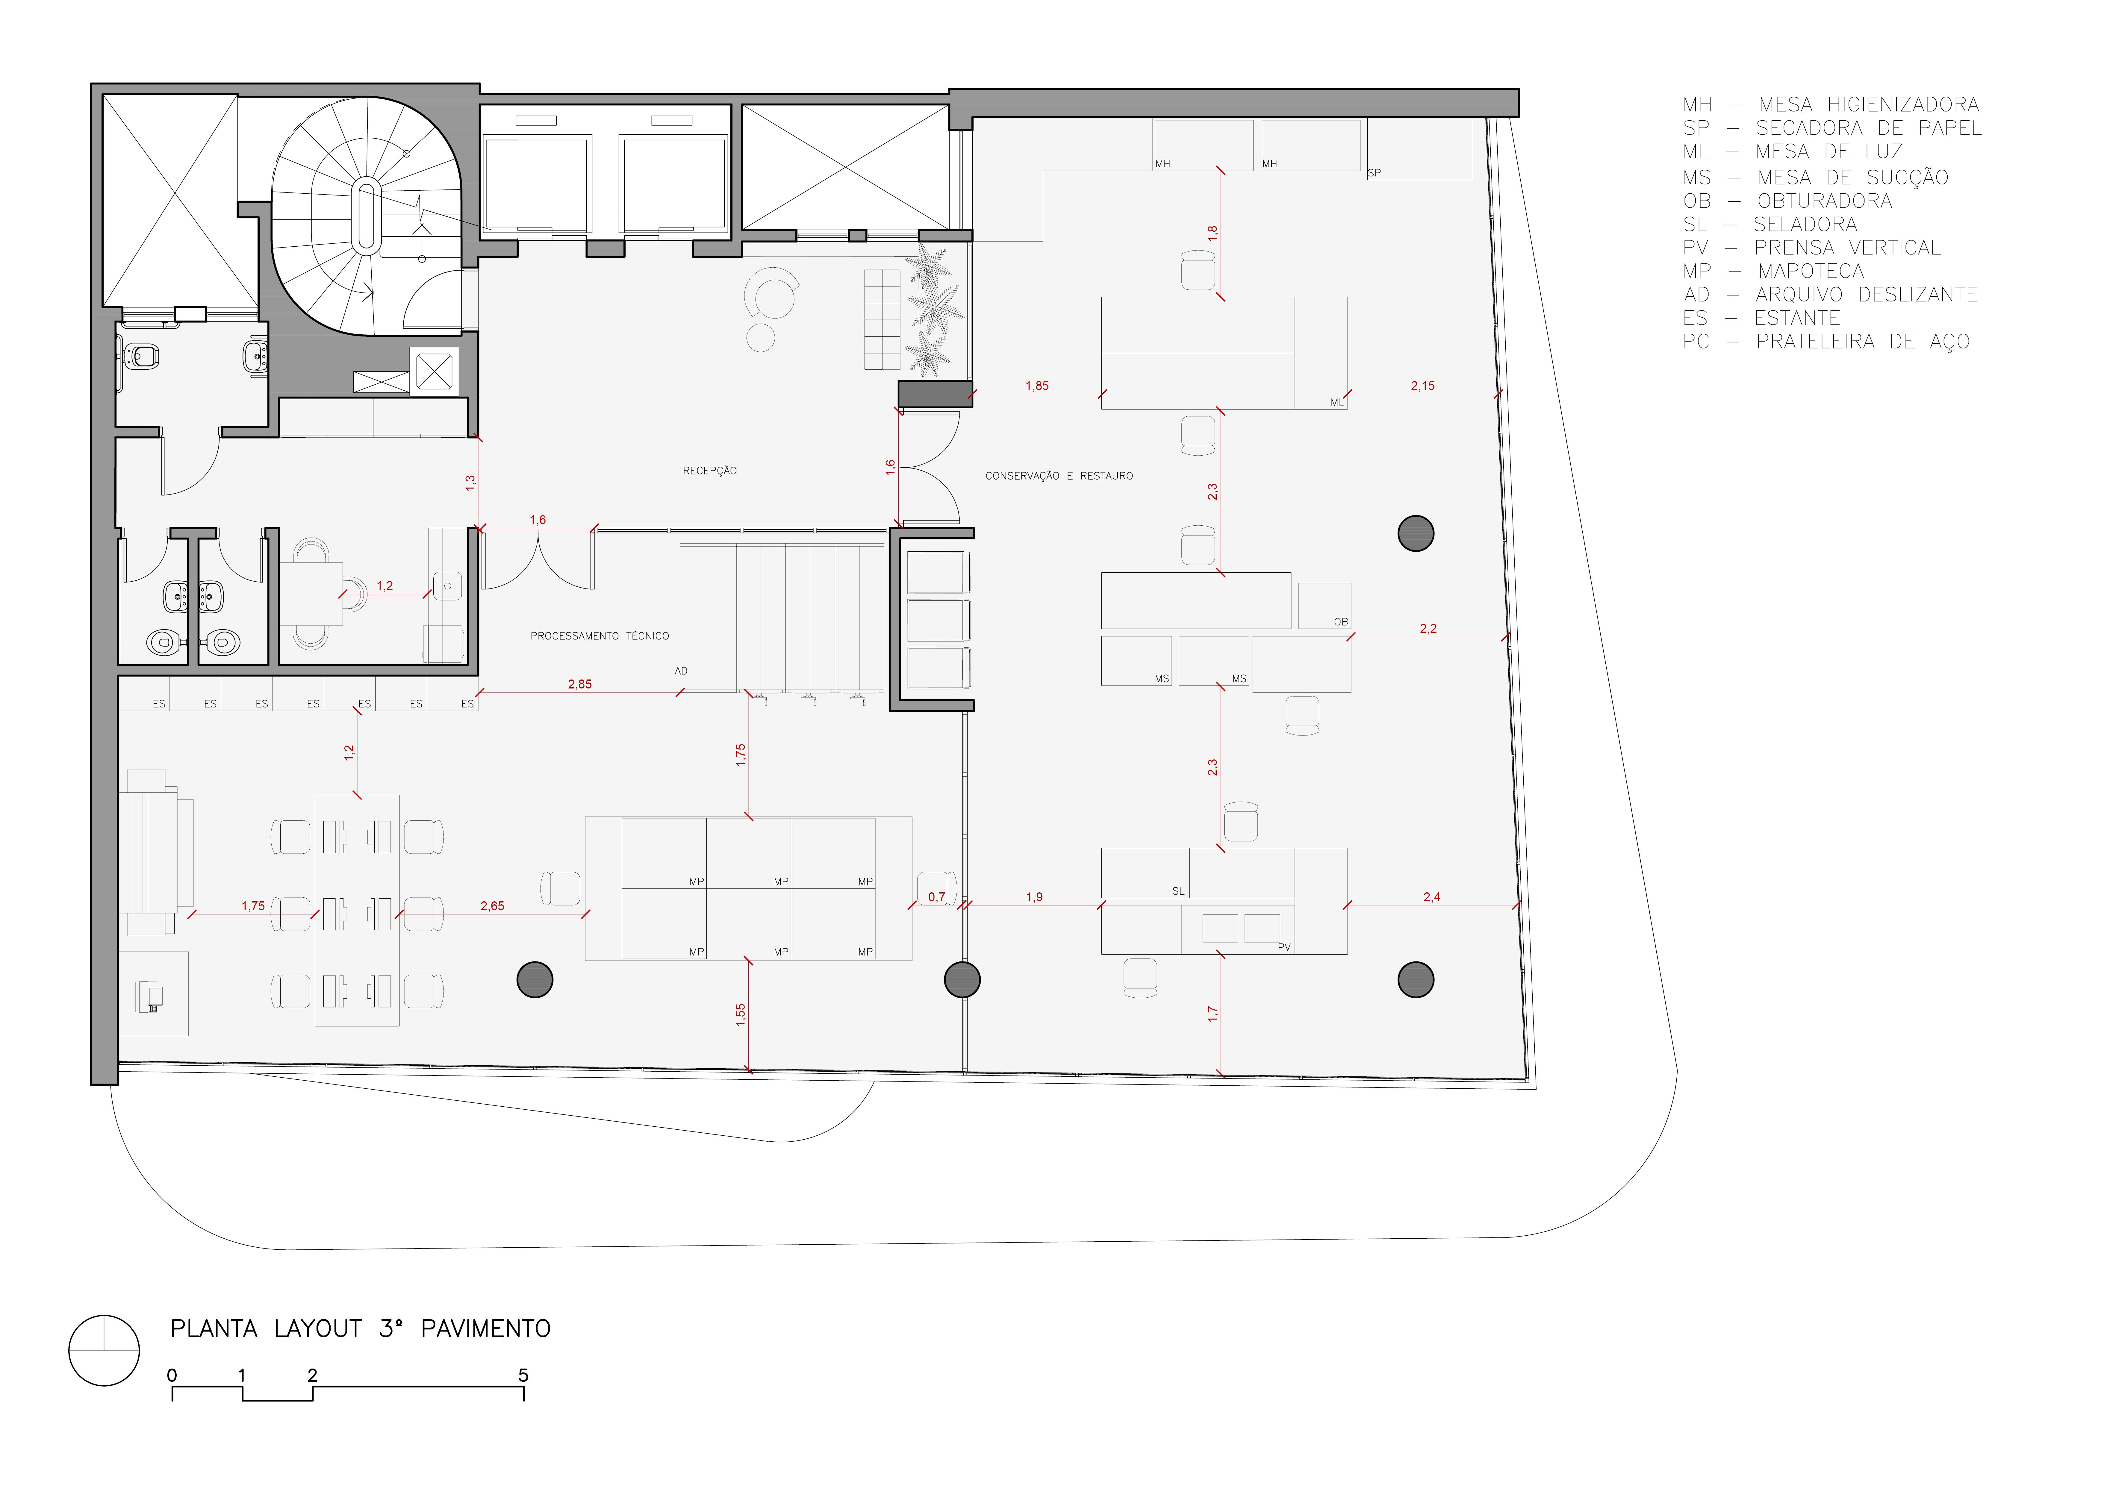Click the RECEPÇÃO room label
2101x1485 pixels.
(x=709, y=470)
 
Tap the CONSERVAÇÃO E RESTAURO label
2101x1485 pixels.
(x=1059, y=476)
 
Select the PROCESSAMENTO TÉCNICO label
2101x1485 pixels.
(x=600, y=636)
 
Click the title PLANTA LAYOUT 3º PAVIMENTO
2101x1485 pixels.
(x=361, y=1328)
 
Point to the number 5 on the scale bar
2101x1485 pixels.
(x=523, y=1375)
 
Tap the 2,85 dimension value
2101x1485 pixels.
(x=579, y=683)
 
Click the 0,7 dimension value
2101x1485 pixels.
(x=936, y=897)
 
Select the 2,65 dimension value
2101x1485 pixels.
(x=492, y=906)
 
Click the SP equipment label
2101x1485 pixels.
(x=1374, y=172)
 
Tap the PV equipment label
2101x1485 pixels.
(x=1284, y=947)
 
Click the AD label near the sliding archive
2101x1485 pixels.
(x=681, y=671)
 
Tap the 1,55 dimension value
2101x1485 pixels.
(x=740, y=1015)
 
